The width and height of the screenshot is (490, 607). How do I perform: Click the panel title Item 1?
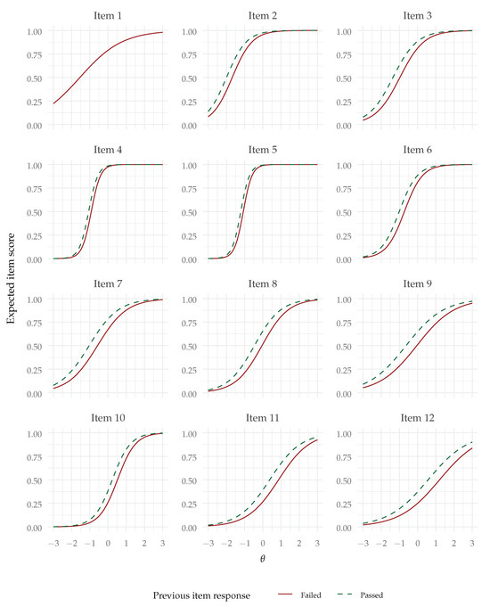pyautogui.click(x=108, y=15)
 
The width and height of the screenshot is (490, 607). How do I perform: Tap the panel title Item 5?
pyautogui.click(x=262, y=150)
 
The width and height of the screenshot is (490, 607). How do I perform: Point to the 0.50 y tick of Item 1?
pyautogui.click(x=35, y=78)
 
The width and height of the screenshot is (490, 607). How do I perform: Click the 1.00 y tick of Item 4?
pyautogui.click(x=35, y=166)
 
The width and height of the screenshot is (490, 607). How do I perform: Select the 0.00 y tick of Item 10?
pyautogui.click(x=35, y=528)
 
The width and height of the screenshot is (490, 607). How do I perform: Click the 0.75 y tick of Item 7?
pyautogui.click(x=35, y=324)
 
